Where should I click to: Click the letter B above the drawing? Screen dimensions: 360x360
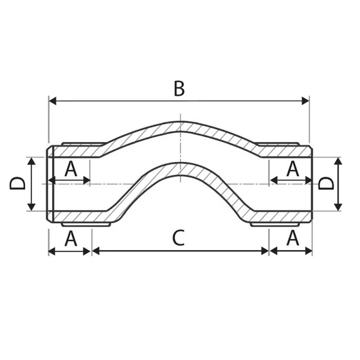click(179, 89)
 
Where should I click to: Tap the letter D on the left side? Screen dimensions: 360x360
click(17, 184)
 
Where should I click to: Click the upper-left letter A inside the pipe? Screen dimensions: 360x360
click(71, 170)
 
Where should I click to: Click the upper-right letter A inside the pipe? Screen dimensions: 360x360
click(293, 170)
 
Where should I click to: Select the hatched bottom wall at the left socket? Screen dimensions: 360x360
click(81, 217)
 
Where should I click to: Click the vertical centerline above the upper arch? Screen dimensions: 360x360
click(180, 116)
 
